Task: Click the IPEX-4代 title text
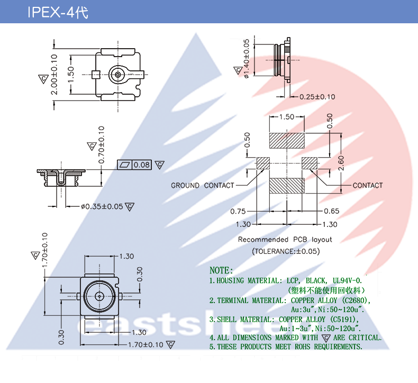tap(58, 12)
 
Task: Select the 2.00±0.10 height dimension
tap(53, 75)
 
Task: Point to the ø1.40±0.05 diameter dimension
tap(247, 58)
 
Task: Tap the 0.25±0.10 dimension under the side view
tap(317, 97)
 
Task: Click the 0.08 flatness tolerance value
tap(142, 165)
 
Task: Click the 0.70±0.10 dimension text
tap(102, 144)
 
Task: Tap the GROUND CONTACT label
tap(202, 186)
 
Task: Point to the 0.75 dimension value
tap(238, 212)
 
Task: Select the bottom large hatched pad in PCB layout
tap(286, 186)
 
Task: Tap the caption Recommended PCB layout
tap(285, 240)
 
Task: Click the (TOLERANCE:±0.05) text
tap(286, 251)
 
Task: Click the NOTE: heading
tap(221, 270)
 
